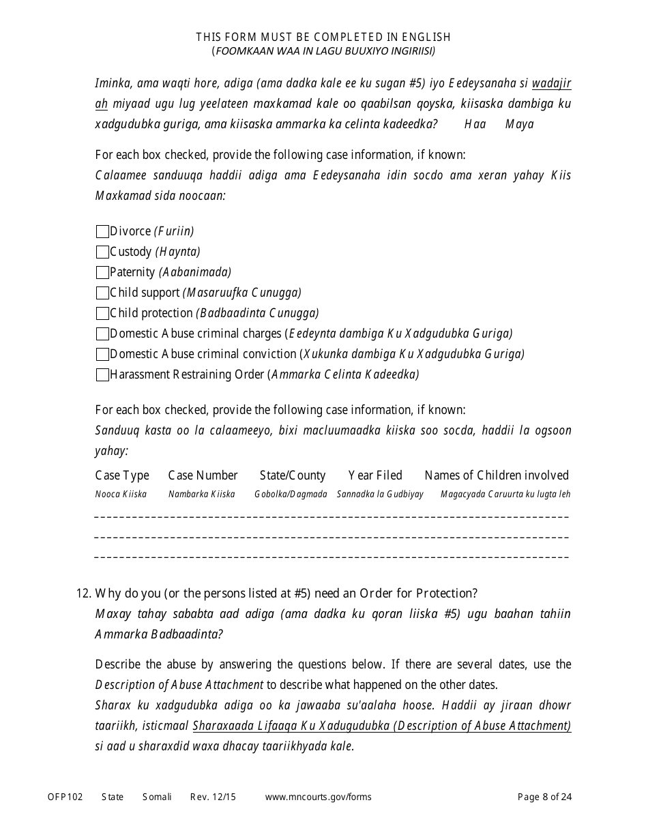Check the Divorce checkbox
pyautogui.click(x=102, y=232)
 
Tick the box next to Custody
pyautogui.click(x=102, y=252)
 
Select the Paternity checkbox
pyautogui.click(x=102, y=273)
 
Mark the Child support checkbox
pyautogui.click(x=102, y=293)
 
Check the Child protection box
pyautogui.click(x=102, y=314)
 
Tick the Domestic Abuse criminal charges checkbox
pyautogui.click(x=102, y=334)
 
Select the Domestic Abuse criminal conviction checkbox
pyautogui.click(x=102, y=355)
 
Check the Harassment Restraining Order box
pyautogui.click(x=102, y=375)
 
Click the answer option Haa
pyautogui.click(x=475, y=124)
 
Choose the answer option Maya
pyautogui.click(x=519, y=124)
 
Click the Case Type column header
pyautogui.click(x=122, y=475)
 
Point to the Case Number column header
pyautogui.click(x=203, y=475)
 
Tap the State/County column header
pyautogui.click(x=293, y=475)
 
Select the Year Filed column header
pyautogui.click(x=375, y=475)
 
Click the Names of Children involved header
pyautogui.click(x=496, y=475)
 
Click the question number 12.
pyautogui.click(x=83, y=593)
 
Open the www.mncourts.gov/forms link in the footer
pyautogui.click(x=318, y=797)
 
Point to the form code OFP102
pyautogui.click(x=65, y=797)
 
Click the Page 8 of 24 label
pyautogui.click(x=544, y=797)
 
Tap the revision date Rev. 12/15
pyautogui.click(x=213, y=797)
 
